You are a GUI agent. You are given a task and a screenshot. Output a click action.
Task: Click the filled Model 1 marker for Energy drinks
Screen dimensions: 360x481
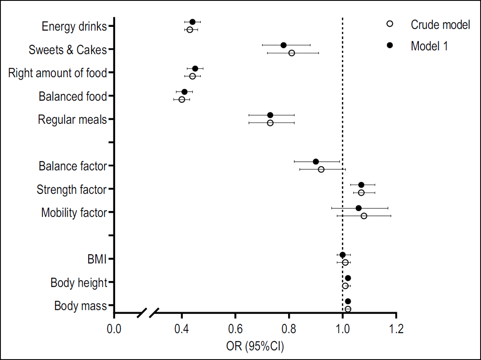pyautogui.click(x=192, y=22)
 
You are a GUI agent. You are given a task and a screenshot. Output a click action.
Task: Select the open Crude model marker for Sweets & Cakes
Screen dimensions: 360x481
pyautogui.click(x=291, y=53)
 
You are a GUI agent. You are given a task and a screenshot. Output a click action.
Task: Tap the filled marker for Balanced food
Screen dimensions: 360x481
pyautogui.click(x=184, y=92)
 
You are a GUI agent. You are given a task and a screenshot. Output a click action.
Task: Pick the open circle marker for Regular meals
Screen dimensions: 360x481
pyautogui.click(x=270, y=123)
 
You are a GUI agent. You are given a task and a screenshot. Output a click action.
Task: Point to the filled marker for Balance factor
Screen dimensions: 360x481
pyautogui.click(x=316, y=161)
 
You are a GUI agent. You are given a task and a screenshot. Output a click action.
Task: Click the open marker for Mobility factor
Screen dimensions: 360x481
pyautogui.click(x=364, y=216)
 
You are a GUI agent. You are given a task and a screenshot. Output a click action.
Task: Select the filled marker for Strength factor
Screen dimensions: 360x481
pyautogui.click(x=361, y=185)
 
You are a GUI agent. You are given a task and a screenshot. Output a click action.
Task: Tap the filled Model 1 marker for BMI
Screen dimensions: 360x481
pyautogui.click(x=343, y=255)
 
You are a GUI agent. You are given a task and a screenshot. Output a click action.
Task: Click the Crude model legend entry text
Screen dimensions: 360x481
pyautogui.click(x=440, y=25)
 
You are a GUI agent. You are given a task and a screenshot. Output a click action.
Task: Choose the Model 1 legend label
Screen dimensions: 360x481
pyautogui.click(x=429, y=46)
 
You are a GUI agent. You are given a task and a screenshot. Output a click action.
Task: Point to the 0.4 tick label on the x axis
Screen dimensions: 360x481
pyautogui.click(x=182, y=330)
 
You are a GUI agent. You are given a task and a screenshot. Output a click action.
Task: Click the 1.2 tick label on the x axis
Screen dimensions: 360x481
pyautogui.click(x=396, y=330)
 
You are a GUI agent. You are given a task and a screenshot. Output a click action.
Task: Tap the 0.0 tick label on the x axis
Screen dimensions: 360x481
pyautogui.click(x=114, y=330)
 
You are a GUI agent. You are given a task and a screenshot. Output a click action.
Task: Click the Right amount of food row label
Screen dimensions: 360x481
pyautogui.click(x=57, y=73)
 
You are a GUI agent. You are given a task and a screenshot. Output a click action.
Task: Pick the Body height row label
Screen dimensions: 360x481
pyautogui.click(x=79, y=283)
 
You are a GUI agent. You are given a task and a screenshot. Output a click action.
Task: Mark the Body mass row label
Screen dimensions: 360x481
pyautogui.click(x=81, y=306)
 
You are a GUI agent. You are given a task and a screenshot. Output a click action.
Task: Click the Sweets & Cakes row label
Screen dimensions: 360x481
pyautogui.click(x=68, y=50)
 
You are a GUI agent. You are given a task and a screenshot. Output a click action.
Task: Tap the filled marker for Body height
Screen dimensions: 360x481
pyautogui.click(x=348, y=278)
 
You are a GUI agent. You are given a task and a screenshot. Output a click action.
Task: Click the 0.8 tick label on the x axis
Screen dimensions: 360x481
pyautogui.click(x=289, y=330)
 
